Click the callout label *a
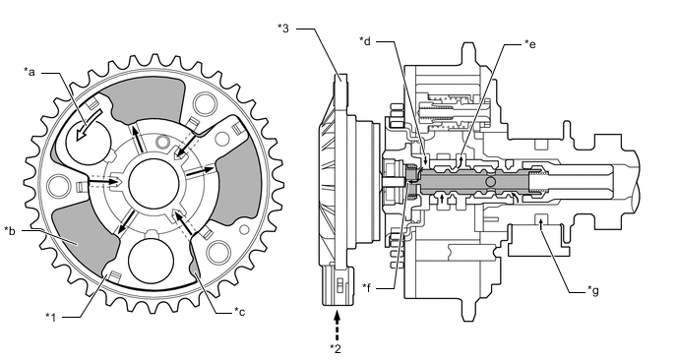pyautogui.click(x=29, y=72)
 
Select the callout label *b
pyautogui.click(x=10, y=231)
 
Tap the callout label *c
pyautogui.click(x=239, y=311)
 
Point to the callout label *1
pyautogui.click(x=51, y=318)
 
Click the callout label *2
pyautogui.click(x=336, y=348)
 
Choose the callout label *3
pyautogui.click(x=283, y=29)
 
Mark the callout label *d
pyautogui.click(x=365, y=41)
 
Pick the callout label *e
pyautogui.click(x=530, y=44)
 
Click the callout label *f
pyautogui.click(x=367, y=287)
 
